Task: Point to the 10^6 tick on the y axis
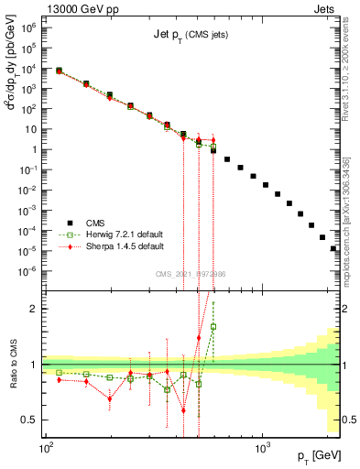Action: pos(28,28)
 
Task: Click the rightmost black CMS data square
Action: pos(333,248)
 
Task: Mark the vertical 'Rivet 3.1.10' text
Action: pos(351,64)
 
